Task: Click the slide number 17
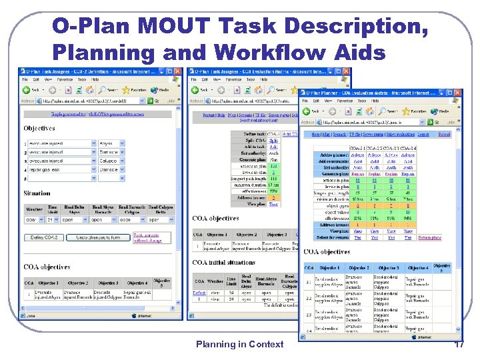459,344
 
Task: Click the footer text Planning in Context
239,344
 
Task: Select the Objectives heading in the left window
39,127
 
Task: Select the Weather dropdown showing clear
33,219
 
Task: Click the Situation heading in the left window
37,193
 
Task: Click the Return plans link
430,237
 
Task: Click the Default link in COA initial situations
199,292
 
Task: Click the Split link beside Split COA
273,141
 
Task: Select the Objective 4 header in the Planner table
418,267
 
